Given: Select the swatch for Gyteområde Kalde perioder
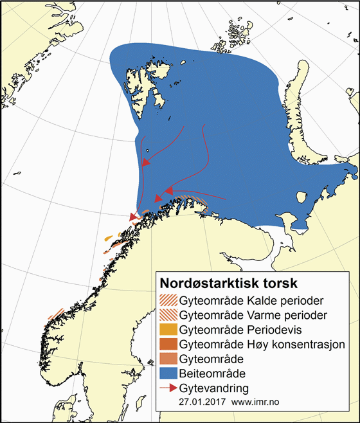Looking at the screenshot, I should pyautogui.click(x=168, y=300).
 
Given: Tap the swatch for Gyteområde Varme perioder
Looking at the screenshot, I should pyautogui.click(x=168, y=315).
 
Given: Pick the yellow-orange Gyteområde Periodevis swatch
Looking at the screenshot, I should pyautogui.click(x=168, y=329).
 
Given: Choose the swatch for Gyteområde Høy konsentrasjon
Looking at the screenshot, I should pyautogui.click(x=168, y=344).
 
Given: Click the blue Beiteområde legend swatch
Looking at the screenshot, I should pyautogui.click(x=168, y=372).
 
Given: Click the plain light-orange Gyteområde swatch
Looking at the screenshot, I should pyautogui.click(x=168, y=358).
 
